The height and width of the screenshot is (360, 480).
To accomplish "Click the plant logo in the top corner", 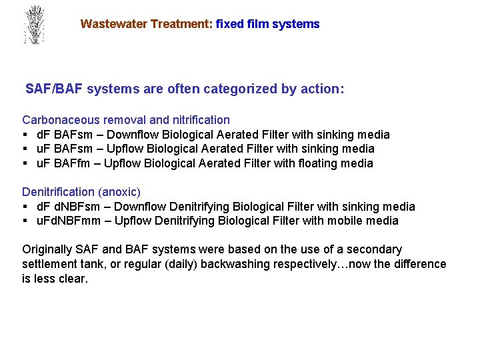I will (x=33, y=25).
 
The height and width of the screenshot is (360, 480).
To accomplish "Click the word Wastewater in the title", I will (x=114, y=24).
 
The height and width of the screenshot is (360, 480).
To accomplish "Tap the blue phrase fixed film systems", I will (x=268, y=24).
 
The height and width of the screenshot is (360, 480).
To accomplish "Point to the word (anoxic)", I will (x=119, y=192).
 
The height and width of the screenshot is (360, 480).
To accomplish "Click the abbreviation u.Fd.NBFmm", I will (x=67, y=221).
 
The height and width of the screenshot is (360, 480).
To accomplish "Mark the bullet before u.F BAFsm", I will (x=25, y=149).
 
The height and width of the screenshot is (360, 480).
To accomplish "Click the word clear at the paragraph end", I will (x=73, y=279).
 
